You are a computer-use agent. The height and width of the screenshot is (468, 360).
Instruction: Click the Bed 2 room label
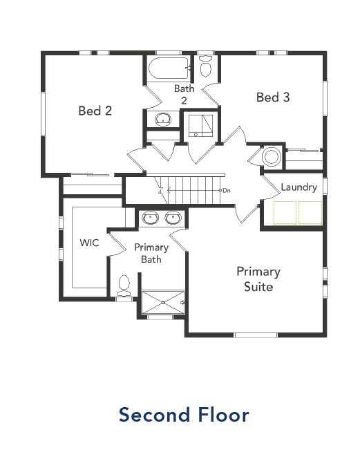click(95, 110)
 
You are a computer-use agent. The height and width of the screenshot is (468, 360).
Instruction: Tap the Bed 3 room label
click(272, 97)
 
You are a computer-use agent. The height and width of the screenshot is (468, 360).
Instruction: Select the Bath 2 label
click(184, 94)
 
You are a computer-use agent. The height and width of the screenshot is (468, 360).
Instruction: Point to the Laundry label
click(299, 187)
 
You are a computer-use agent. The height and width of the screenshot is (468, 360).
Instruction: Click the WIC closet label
click(90, 243)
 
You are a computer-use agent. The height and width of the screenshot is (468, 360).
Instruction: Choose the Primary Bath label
click(151, 253)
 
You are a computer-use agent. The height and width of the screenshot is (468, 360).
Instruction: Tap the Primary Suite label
click(258, 279)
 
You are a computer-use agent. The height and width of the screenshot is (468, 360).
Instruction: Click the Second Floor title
click(184, 415)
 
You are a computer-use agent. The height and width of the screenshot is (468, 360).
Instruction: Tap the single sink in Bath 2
click(163, 120)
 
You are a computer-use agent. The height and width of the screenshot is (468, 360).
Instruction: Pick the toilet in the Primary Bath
click(124, 283)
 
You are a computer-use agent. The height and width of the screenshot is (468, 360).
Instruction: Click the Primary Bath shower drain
click(163, 303)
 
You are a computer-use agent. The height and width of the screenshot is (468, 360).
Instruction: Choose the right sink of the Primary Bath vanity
click(173, 219)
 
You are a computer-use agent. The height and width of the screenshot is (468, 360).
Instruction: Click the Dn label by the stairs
click(225, 190)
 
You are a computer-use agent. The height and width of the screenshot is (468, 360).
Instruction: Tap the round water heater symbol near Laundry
click(271, 157)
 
